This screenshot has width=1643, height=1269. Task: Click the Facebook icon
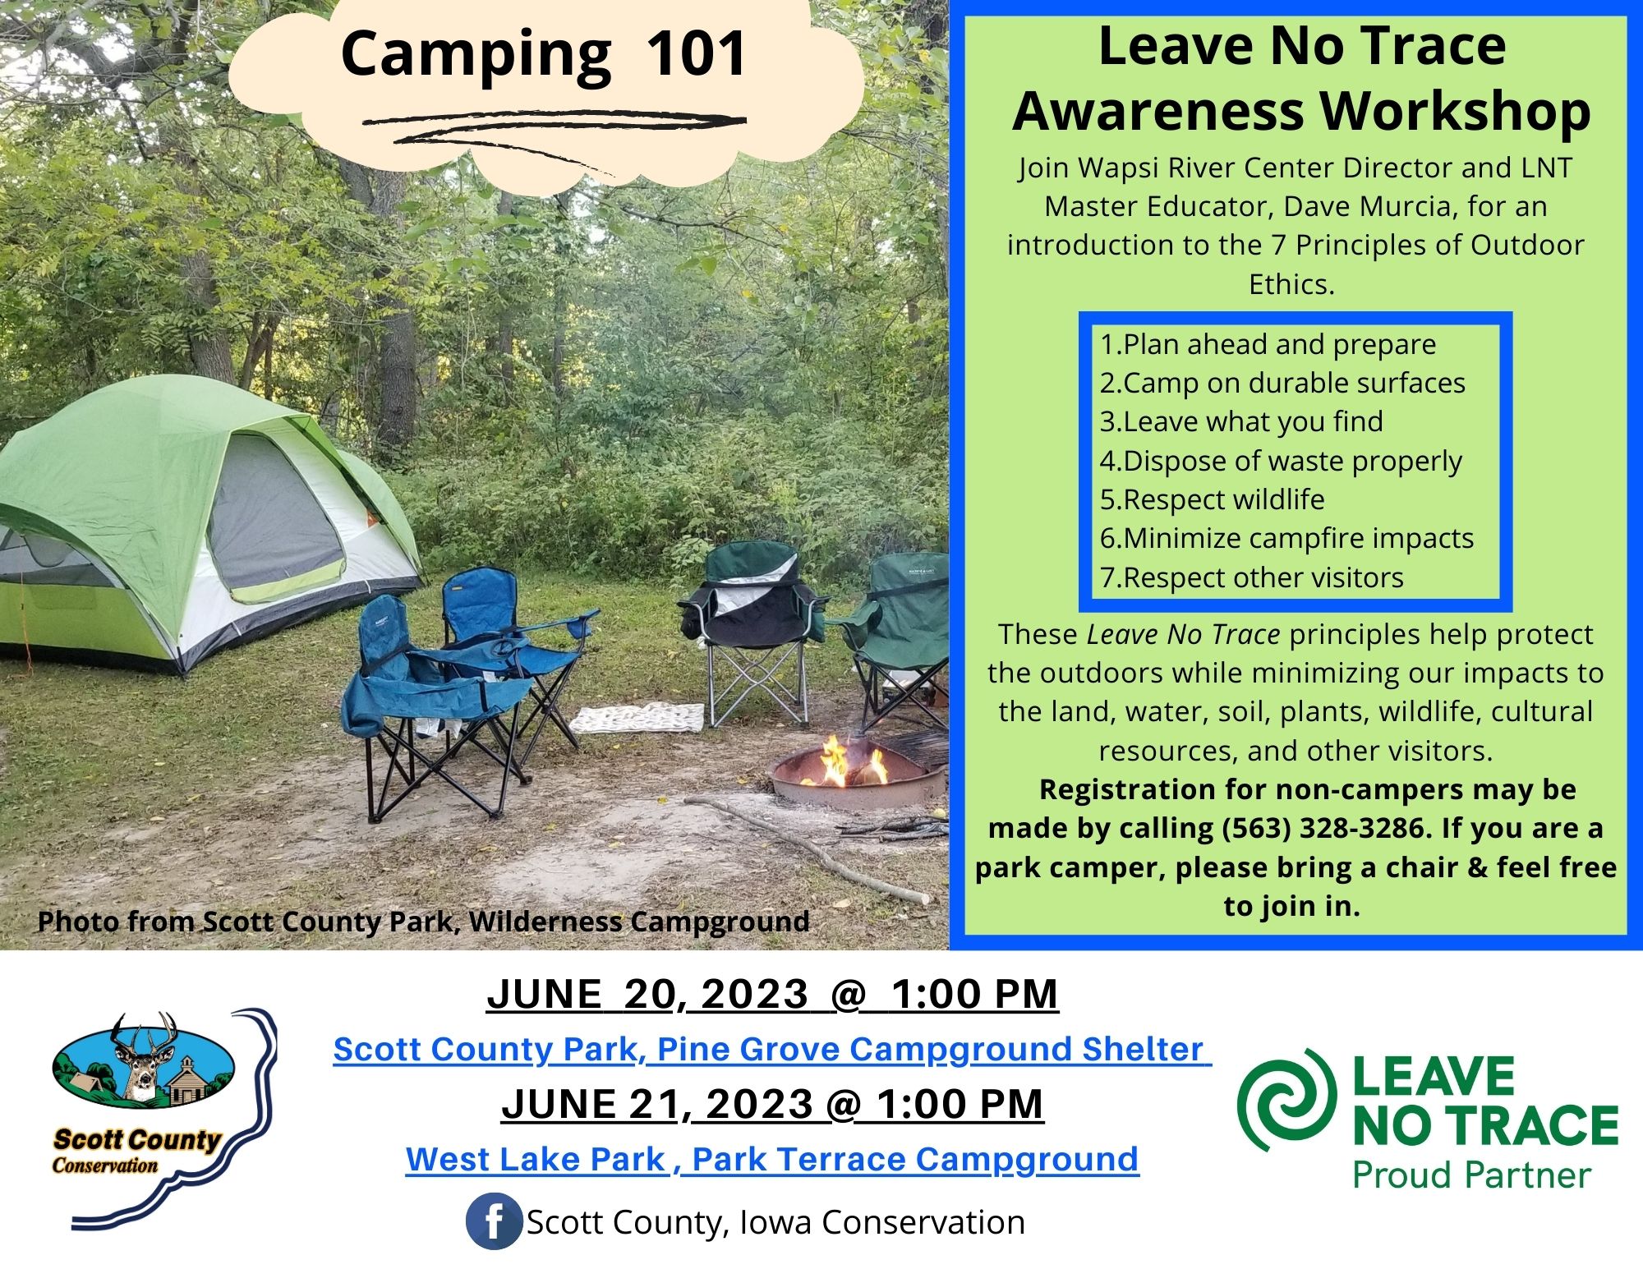click(494, 1221)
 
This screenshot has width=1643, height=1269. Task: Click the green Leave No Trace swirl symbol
click(1283, 1101)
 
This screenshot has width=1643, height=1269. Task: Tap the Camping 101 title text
click(543, 54)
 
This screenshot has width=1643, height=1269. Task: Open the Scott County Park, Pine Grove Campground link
click(771, 1049)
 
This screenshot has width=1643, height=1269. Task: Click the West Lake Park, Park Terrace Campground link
click(772, 1159)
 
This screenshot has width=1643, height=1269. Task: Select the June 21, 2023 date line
click(772, 1103)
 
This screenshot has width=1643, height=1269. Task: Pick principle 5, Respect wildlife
click(1213, 499)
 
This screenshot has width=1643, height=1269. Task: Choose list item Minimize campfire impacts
click(1287, 538)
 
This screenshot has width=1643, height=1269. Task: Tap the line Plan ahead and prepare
click(1268, 344)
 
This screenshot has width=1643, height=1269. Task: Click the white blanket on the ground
click(637, 718)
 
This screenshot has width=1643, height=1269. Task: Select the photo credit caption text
click(424, 922)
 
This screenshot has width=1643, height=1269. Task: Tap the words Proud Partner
click(1472, 1175)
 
